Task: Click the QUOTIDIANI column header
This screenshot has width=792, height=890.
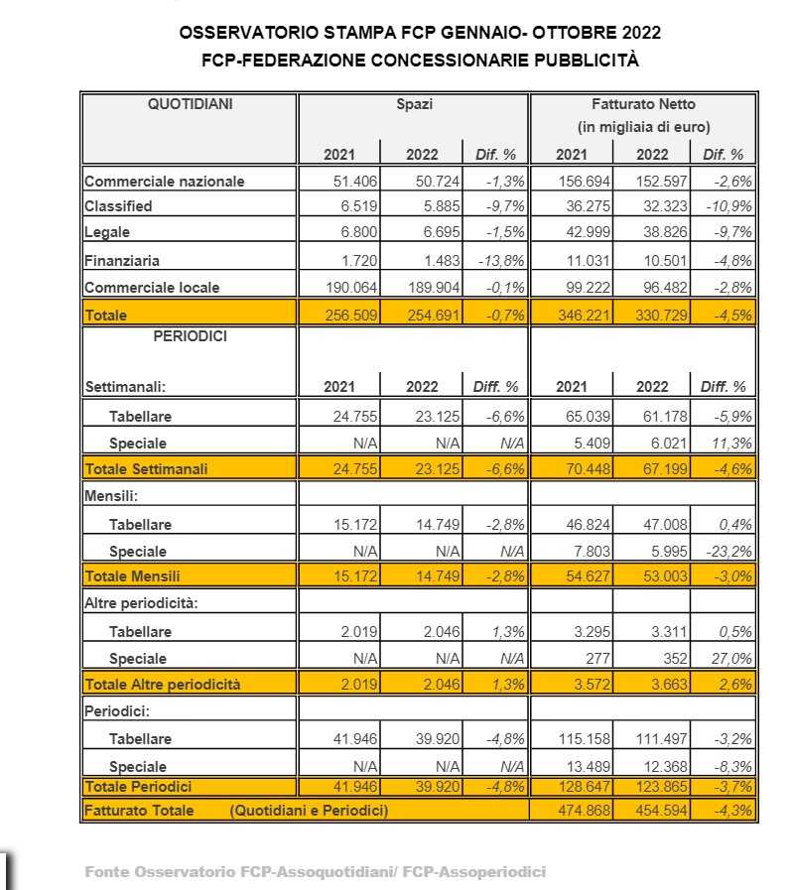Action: point(190,103)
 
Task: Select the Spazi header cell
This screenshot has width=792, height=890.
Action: point(414,103)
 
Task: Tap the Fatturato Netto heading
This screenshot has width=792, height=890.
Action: point(643,103)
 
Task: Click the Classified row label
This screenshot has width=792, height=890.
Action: point(118,206)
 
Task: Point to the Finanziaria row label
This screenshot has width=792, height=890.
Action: point(122,261)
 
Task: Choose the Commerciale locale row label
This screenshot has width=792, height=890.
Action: point(152,288)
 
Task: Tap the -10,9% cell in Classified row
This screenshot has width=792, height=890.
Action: point(728,206)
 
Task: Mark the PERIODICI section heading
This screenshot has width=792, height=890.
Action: point(190,336)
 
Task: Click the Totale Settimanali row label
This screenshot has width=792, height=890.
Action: point(146,469)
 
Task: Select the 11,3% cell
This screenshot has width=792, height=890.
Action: point(732,443)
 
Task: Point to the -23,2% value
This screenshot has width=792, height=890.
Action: point(730,551)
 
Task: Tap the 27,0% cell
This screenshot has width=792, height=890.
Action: point(732,658)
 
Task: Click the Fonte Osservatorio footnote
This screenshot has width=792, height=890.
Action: point(315,872)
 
